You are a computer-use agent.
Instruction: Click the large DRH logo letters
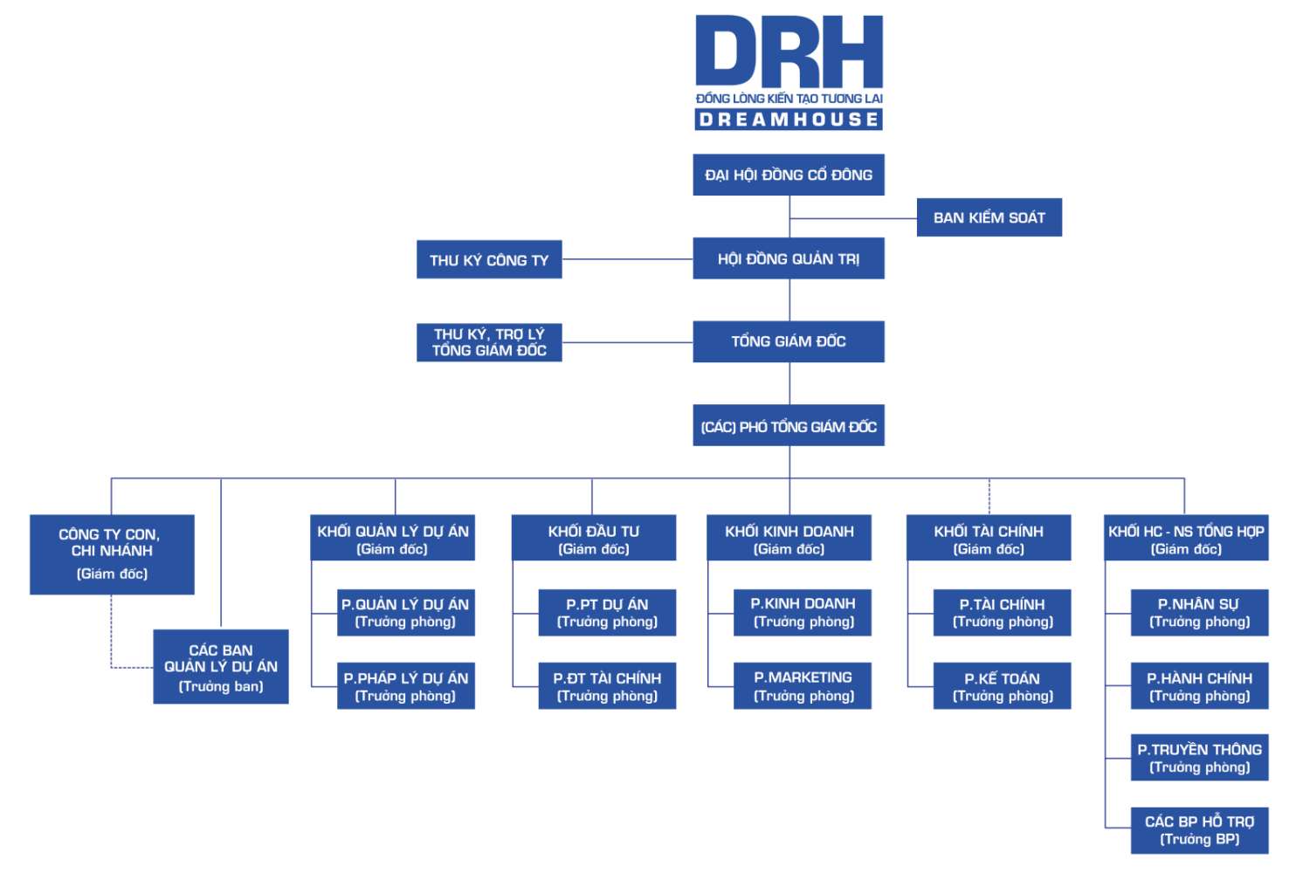click(789, 52)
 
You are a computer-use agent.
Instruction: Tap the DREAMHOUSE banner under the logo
click(789, 120)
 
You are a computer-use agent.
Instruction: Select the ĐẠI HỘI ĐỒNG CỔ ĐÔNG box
click(789, 175)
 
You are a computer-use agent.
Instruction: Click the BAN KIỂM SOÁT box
click(989, 217)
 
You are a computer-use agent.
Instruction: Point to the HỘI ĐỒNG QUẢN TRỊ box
click(789, 258)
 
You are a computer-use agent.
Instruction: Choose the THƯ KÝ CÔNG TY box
click(489, 260)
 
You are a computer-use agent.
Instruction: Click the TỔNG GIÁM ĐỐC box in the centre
click(789, 341)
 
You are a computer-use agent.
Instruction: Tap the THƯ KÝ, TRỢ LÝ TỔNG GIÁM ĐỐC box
click(489, 342)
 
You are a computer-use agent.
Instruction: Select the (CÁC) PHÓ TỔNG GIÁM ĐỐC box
click(789, 426)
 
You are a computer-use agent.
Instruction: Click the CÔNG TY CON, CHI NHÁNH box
click(112, 554)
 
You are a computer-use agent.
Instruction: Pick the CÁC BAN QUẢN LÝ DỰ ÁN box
click(221, 667)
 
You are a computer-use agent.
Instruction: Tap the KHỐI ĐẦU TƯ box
click(594, 538)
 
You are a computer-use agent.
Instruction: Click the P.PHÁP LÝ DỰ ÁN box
click(406, 686)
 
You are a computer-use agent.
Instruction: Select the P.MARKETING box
click(803, 686)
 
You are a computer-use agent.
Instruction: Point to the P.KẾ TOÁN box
click(1002, 686)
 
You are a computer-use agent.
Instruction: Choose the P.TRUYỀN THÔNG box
click(1199, 758)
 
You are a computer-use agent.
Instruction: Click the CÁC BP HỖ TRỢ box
click(1199, 830)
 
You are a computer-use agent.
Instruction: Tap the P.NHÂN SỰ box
click(1199, 613)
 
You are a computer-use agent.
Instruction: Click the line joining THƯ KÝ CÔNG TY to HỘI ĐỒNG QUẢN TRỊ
click(627, 259)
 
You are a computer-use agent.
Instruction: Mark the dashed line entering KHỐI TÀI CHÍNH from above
click(989, 497)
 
